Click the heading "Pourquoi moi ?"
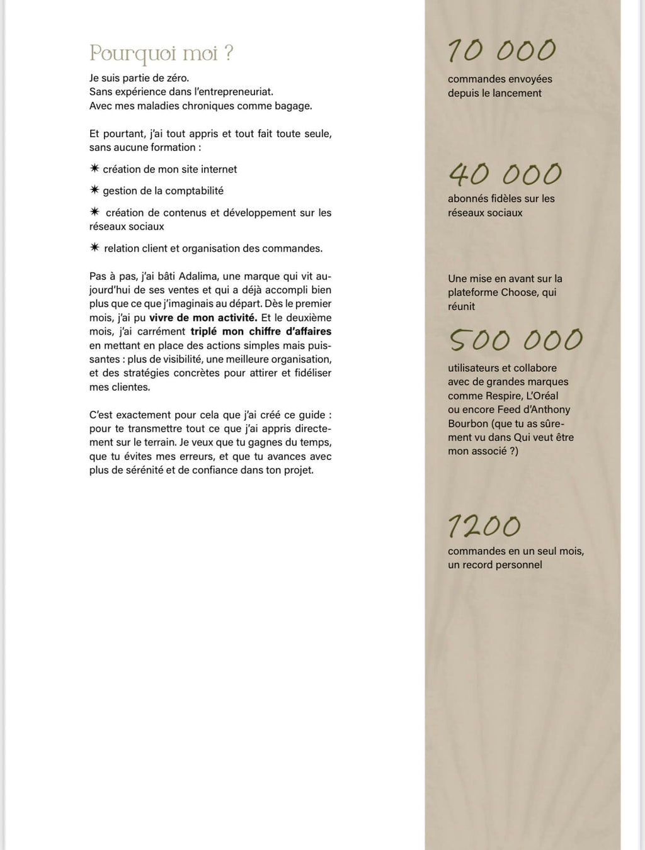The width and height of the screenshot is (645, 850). tap(161, 54)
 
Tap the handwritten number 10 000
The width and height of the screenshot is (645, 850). tap(501, 51)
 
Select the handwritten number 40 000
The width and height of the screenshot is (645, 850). tap(505, 175)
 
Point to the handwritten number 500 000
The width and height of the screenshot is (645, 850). tap(516, 340)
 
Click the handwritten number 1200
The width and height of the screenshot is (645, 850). tap(484, 526)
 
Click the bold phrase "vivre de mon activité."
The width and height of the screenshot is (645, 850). tap(203, 318)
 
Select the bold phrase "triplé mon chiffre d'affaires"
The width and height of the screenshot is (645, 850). tap(261, 332)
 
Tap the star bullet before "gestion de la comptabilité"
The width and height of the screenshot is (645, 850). tap(94, 190)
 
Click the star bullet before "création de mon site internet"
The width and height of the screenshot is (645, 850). tap(94, 169)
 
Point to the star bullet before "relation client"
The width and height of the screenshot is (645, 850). tap(94, 248)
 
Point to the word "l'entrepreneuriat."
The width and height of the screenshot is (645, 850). tap(234, 92)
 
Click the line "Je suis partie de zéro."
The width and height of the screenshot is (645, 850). tap(139, 79)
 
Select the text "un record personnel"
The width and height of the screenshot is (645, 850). tap(495, 565)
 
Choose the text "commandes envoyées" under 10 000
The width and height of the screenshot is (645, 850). tap(499, 79)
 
